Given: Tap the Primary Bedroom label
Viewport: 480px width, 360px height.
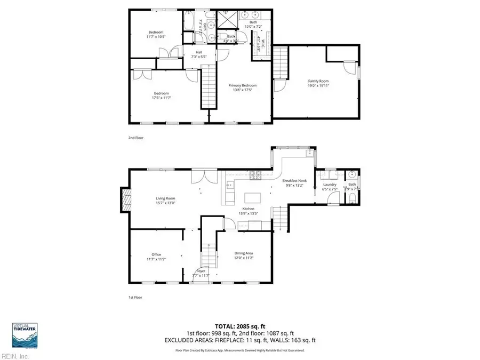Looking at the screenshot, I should point(243,85).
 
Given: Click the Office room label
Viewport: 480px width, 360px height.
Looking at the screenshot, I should point(156,254).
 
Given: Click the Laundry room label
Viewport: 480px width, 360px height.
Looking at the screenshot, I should point(330,184).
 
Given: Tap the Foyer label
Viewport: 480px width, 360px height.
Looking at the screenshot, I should point(201,271).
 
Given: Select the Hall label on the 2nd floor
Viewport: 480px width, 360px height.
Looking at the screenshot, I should point(198,52).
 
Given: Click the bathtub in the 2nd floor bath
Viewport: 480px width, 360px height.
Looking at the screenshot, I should point(189,21).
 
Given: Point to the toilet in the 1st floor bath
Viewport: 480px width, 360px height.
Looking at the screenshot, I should point(353,199).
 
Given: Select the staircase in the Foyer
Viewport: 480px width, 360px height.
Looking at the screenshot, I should point(210,253).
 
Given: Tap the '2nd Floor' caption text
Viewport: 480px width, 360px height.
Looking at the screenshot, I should point(136,138).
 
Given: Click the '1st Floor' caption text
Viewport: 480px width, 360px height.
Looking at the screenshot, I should point(135,298).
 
